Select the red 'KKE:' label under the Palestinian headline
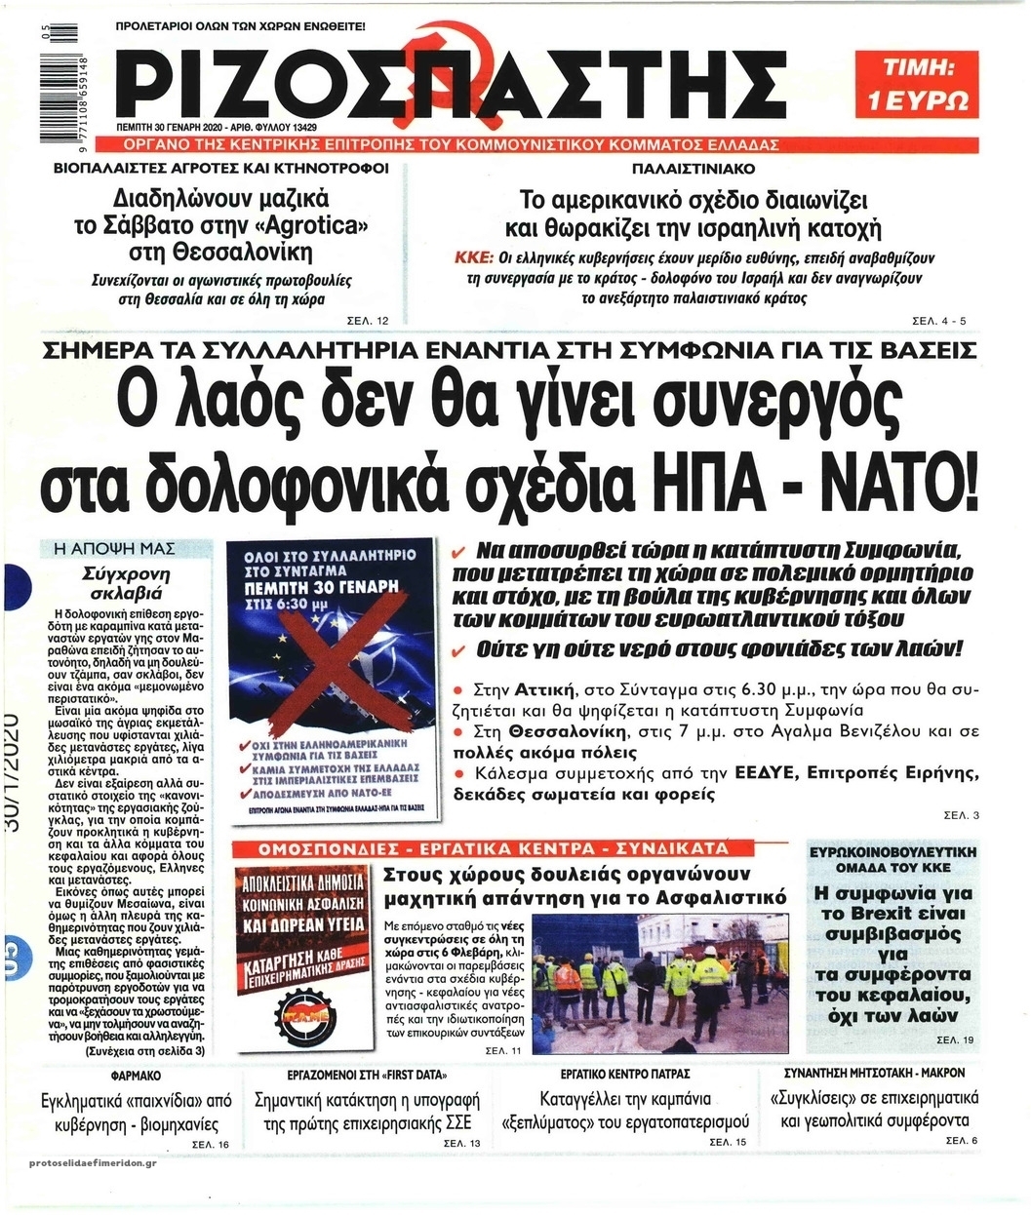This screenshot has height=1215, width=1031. [x=474, y=258]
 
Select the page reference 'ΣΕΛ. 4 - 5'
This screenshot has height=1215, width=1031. [x=939, y=321]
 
